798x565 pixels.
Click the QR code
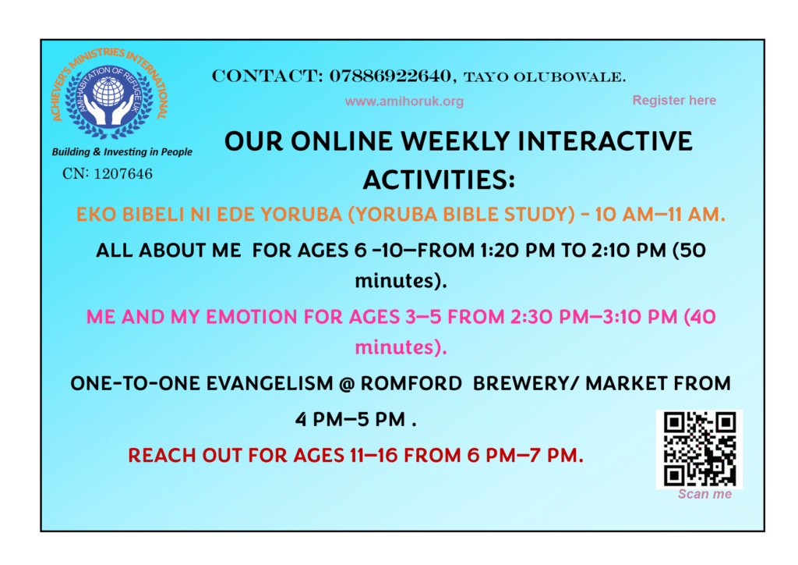click(x=699, y=449)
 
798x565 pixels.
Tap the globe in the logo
click(x=108, y=93)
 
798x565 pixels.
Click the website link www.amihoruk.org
click(x=404, y=101)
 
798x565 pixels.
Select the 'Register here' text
click(x=674, y=101)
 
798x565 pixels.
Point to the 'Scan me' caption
click(x=704, y=494)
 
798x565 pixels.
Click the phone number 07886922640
click(x=390, y=76)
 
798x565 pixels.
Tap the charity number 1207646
click(x=123, y=174)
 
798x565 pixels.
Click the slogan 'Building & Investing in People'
click(x=122, y=152)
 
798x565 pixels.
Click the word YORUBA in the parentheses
click(x=391, y=215)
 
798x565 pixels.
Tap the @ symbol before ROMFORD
click(x=346, y=384)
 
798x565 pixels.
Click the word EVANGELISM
click(x=270, y=384)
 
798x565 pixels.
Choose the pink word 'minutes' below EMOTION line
click(x=394, y=347)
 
